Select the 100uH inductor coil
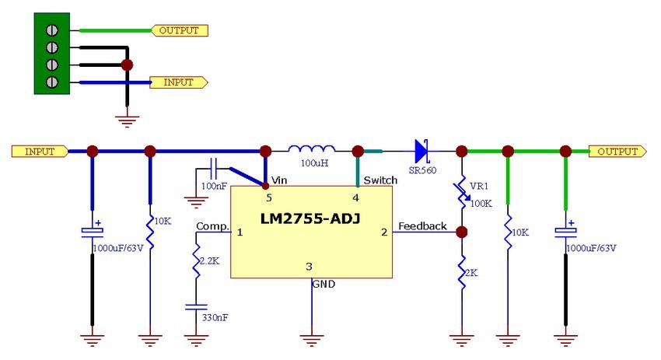click(312, 149)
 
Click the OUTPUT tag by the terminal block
click(180, 31)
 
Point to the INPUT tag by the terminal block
click(180, 82)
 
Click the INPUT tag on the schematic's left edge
click(39, 151)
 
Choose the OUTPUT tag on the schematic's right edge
click(617, 151)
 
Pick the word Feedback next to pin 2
click(423, 226)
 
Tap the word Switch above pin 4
click(379, 180)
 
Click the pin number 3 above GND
click(310, 267)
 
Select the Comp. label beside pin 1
click(212, 226)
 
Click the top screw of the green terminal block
click(52, 31)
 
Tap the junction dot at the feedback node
click(462, 232)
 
